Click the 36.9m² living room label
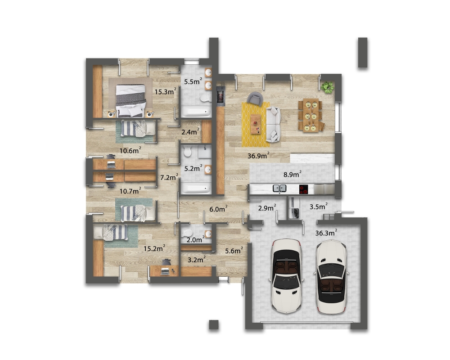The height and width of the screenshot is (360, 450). point(258,156)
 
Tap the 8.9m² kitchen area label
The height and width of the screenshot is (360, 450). point(292,174)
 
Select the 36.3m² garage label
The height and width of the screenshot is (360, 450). point(326,233)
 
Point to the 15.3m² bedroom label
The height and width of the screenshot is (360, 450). point(165,92)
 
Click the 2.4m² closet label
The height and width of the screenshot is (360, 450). point(190,132)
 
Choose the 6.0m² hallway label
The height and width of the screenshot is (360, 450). point(218,209)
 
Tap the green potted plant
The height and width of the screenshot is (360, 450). point(328,87)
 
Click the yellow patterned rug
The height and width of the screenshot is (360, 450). point(256,125)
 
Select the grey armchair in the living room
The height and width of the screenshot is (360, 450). point(255,99)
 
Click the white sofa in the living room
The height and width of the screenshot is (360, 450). point(273,124)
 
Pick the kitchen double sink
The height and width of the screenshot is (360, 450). point(279,189)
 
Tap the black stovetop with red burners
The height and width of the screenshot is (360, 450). point(303,189)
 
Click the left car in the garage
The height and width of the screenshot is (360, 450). point(286,275)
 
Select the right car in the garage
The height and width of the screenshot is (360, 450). point(332,277)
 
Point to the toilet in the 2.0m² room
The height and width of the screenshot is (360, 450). point(187,232)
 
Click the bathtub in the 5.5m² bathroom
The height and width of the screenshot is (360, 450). point(196,112)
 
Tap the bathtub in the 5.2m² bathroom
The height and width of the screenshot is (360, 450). point(196,189)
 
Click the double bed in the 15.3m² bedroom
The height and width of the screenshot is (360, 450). point(130,100)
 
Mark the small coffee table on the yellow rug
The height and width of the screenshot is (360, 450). point(256,124)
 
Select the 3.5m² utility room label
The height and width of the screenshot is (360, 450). point(319,207)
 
